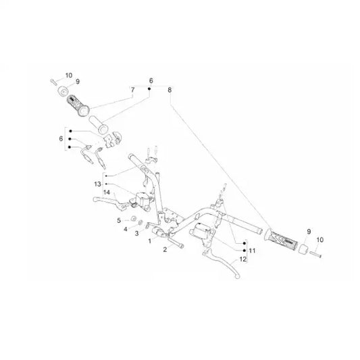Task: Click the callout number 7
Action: (x=132, y=90)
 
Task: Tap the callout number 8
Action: (x=170, y=90)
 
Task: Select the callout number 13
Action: (x=97, y=184)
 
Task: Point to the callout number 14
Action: (x=107, y=192)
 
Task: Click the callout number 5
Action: (x=119, y=221)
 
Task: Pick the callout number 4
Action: (x=126, y=229)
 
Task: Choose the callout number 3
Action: (x=137, y=234)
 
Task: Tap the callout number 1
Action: (x=150, y=241)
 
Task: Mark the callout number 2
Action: (x=165, y=249)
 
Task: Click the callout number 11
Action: (x=252, y=251)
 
